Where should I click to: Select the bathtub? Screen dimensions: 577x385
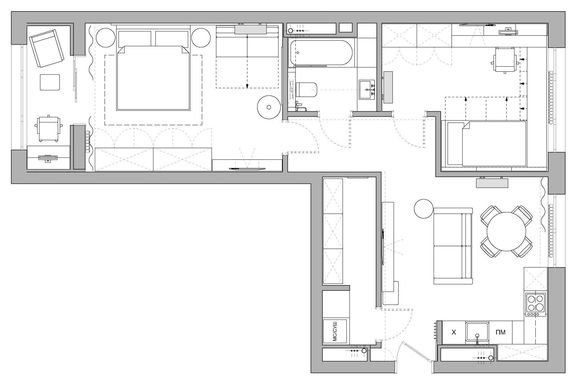(321, 53)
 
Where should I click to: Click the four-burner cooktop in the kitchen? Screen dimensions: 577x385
(536, 305)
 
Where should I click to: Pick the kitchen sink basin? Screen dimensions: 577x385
(477, 332)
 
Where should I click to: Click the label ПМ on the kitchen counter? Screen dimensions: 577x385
(501, 332)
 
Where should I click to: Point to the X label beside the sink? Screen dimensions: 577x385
(454, 332)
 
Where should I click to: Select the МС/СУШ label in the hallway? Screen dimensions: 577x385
(335, 331)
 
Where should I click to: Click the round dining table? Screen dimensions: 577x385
(506, 231)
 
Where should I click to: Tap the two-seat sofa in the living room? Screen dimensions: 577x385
(453, 246)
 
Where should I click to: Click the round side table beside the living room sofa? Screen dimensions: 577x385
(424, 209)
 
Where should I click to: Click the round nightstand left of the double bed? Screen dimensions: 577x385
(106, 37)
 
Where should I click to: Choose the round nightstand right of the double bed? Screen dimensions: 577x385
(201, 37)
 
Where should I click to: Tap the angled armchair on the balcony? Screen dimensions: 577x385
(47, 48)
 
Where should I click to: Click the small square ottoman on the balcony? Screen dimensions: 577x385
(50, 83)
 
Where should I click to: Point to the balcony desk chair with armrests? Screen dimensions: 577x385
(48, 128)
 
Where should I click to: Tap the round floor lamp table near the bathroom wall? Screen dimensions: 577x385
(269, 107)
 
